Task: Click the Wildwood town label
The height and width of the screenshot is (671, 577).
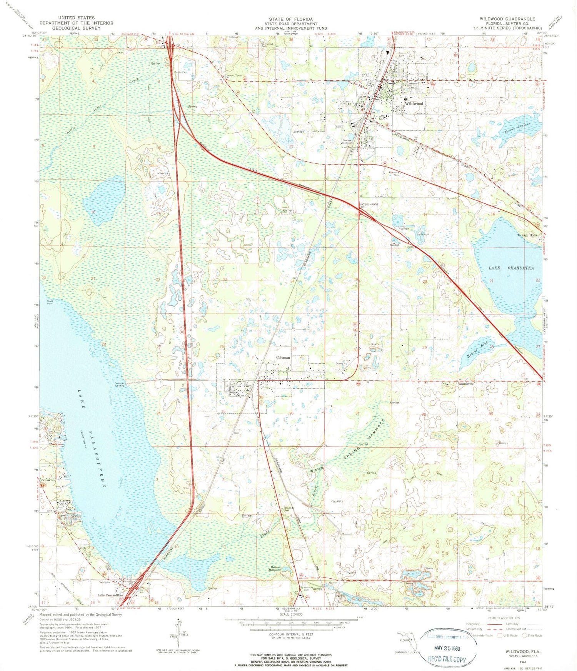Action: click(414, 103)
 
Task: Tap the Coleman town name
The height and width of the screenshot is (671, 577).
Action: click(283, 357)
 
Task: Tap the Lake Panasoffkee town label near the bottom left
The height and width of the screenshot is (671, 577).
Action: click(110, 595)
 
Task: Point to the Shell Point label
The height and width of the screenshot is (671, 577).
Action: click(50, 302)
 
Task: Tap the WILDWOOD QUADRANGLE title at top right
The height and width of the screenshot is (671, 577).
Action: click(507, 18)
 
